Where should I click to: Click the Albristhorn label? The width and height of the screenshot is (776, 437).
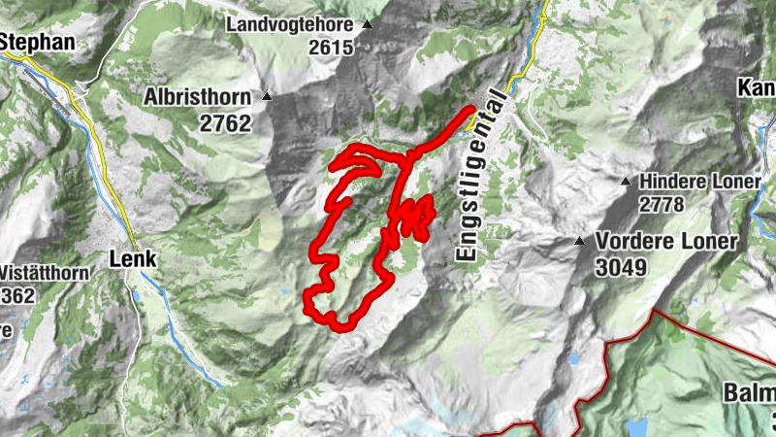tap(198, 97)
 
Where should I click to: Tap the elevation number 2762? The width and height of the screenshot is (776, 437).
tap(225, 123)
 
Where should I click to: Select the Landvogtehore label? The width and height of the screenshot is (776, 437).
tap(292, 23)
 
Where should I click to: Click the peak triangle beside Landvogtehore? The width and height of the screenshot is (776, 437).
tap(367, 24)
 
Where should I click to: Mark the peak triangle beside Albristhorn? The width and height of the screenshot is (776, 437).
tap(267, 97)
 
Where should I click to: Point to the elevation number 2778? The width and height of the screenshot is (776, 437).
tap(663, 204)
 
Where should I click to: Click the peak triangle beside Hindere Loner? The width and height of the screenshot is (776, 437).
tap(626, 181)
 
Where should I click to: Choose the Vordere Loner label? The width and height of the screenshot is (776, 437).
tap(667, 241)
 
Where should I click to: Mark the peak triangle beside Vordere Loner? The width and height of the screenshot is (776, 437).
tap(580, 241)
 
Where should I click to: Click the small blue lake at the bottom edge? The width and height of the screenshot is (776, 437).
tap(636, 427)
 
